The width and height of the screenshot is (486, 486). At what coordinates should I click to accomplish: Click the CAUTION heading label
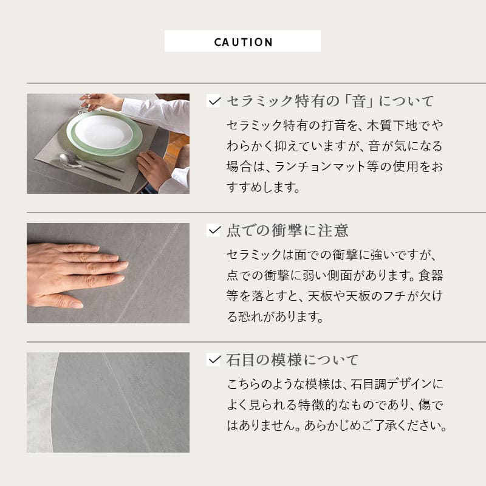coord(243,43)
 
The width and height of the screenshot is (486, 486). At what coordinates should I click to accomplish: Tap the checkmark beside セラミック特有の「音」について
coord(213,101)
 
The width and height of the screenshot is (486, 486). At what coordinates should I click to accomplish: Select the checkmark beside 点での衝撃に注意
coord(213,230)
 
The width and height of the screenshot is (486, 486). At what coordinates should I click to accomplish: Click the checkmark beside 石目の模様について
coord(213,360)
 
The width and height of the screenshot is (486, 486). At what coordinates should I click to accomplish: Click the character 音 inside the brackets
coord(358,101)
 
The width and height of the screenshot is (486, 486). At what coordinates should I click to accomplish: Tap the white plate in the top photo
coord(103,131)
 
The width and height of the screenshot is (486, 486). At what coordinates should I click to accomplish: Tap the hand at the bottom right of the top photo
coord(153,168)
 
